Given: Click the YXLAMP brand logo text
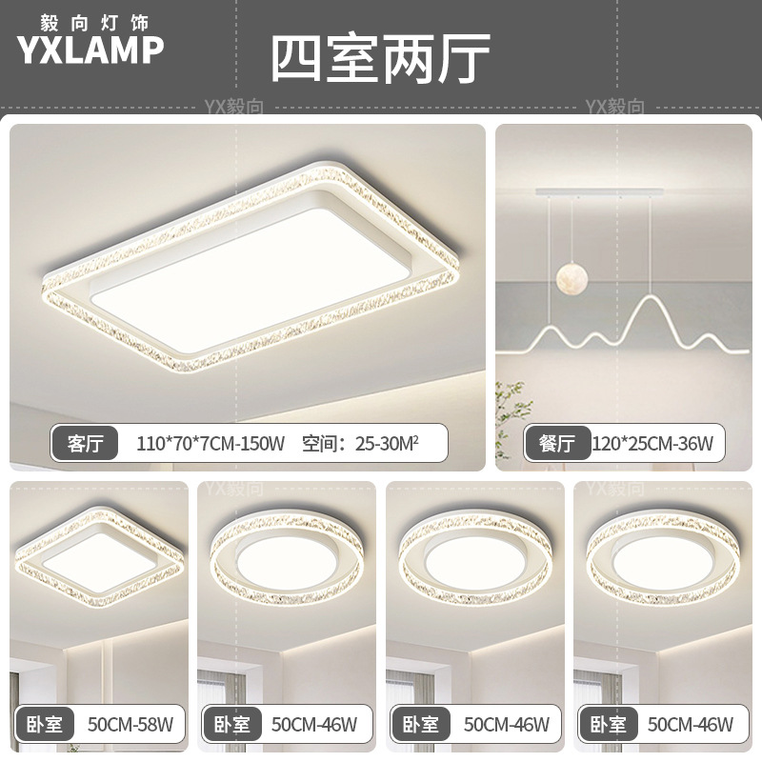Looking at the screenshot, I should tap(90, 50).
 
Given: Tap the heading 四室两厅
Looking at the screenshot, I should tap(380, 59).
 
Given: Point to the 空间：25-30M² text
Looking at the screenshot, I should tap(361, 442).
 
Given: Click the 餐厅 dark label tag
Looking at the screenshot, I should tap(555, 443).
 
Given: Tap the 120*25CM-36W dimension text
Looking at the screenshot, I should tap(652, 443).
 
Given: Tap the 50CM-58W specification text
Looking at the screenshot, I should tap(129, 725).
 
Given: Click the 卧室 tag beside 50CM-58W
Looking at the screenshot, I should tap(44, 725).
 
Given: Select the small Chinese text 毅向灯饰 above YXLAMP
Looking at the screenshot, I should tap(90, 19).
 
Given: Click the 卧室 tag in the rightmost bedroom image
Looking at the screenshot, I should tap(606, 725).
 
